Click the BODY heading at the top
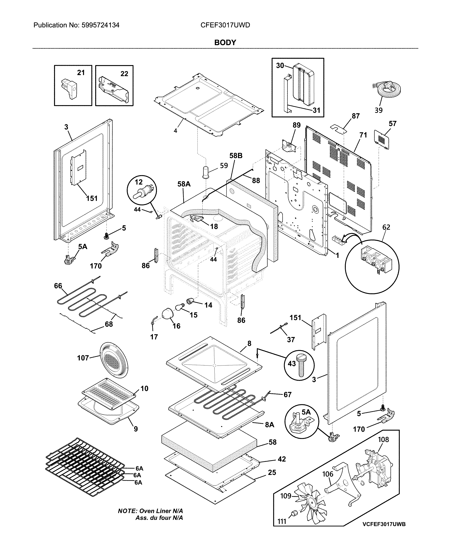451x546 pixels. pos(225,43)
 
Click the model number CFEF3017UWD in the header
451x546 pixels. pos(225,25)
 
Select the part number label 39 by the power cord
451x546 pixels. pos(378,110)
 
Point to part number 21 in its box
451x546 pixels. pos(81,73)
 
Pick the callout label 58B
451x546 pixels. pos(236,156)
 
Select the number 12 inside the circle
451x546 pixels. pos(139,182)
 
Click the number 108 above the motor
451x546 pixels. pos(383,439)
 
